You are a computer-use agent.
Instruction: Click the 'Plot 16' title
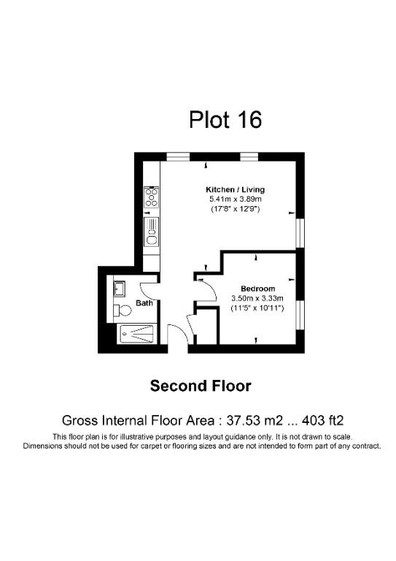point(225,119)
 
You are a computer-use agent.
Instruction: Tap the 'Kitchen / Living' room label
point(235,189)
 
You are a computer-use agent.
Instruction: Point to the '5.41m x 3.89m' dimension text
point(235,199)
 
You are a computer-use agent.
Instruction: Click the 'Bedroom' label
point(257,289)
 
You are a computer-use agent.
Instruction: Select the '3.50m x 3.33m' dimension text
point(257,298)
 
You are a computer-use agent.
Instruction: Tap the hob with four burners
point(152,197)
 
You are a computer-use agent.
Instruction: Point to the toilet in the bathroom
point(120,308)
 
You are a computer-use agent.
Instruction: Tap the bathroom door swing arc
point(149,290)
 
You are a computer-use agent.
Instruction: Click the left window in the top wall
point(177,156)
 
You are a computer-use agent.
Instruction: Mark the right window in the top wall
point(250,156)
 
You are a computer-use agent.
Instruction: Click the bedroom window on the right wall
point(300,309)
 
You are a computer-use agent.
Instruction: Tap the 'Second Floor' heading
point(200,386)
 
